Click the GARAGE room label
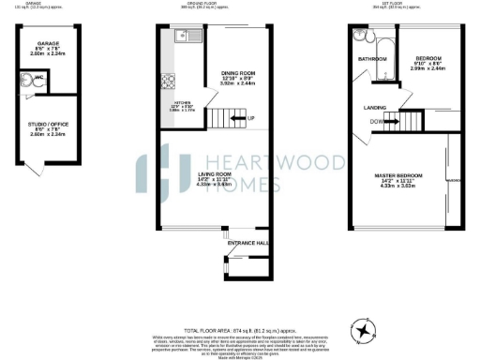tap(49, 44)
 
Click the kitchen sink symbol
tap(181, 38)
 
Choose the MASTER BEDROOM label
tap(400, 175)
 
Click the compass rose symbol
tap(362, 330)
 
